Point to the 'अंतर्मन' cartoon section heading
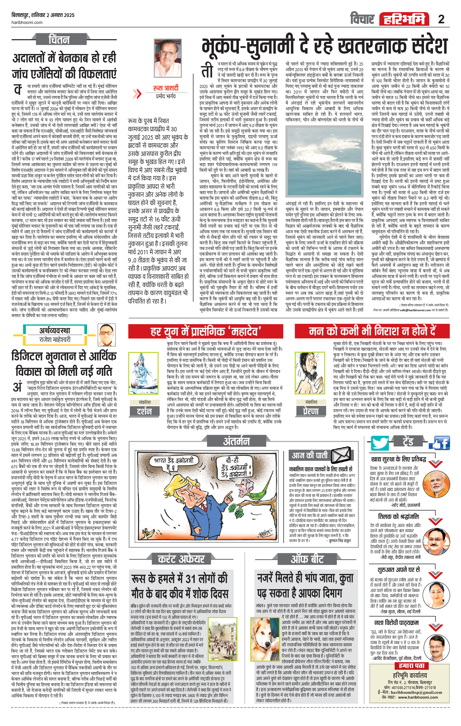pos(236,441)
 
